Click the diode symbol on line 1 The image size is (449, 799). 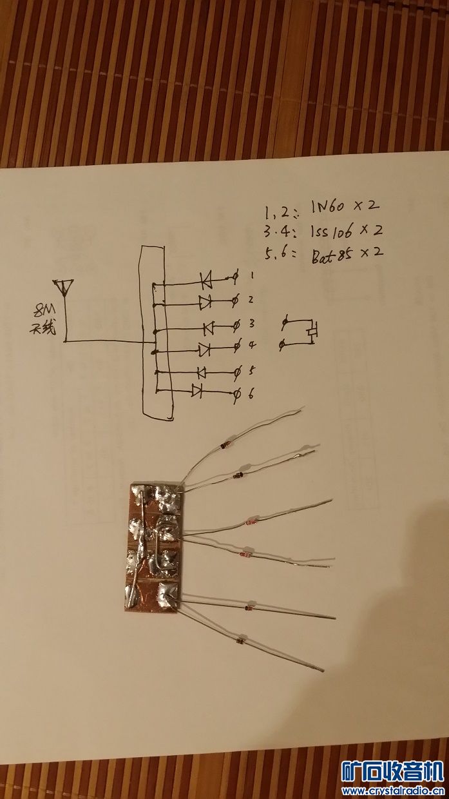click(x=207, y=280)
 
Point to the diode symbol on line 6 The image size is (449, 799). click(x=196, y=390)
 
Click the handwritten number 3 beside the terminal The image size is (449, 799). click(x=253, y=322)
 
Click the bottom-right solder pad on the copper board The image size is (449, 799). click(x=167, y=591)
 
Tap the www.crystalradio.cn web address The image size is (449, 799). click(x=393, y=791)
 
